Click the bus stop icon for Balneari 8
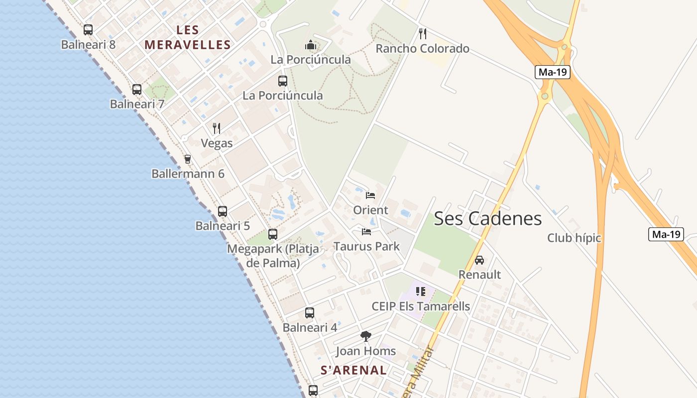pyautogui.click(x=88, y=30)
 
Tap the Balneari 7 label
pyautogui.click(x=137, y=104)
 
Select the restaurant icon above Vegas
pyautogui.click(x=217, y=128)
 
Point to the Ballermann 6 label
pyautogui.click(x=188, y=174)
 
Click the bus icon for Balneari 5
pyautogui.click(x=223, y=211)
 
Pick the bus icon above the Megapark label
pyautogui.click(x=273, y=234)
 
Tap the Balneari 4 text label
pyautogui.click(x=310, y=328)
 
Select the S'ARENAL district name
pyautogui.click(x=353, y=370)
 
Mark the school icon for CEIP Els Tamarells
pyautogui.click(x=421, y=292)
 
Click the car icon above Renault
pyautogui.click(x=479, y=260)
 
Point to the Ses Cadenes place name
pyautogui.click(x=487, y=218)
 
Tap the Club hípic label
pyautogui.click(x=574, y=238)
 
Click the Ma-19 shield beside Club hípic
pyautogui.click(x=666, y=234)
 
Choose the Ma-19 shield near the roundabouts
pyautogui.click(x=553, y=72)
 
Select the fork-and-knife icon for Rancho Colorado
pyautogui.click(x=423, y=34)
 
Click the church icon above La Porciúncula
pyautogui.click(x=311, y=46)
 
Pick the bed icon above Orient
pyautogui.click(x=370, y=195)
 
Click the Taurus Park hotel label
pyautogui.click(x=366, y=246)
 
